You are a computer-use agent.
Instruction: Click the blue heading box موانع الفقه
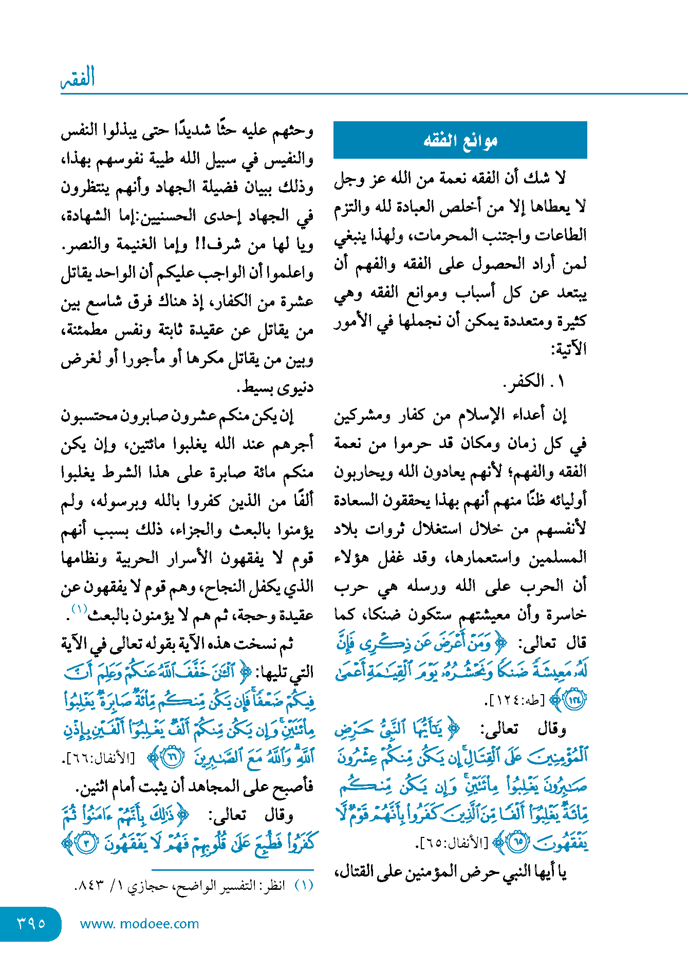click(x=460, y=140)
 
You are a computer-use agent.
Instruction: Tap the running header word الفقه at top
click(x=78, y=78)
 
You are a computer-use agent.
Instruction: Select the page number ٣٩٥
click(x=31, y=923)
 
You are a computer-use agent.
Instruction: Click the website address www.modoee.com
click(x=139, y=924)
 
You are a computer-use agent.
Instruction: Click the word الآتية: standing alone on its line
click(x=568, y=350)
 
